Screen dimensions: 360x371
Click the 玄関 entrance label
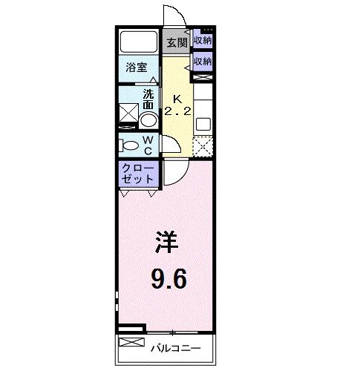(177, 43)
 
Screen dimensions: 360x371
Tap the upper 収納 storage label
(203, 40)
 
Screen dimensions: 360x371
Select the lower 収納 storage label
(203, 61)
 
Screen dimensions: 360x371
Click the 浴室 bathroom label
(137, 68)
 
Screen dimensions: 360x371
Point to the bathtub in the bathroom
(139, 42)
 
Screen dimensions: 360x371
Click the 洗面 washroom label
(148, 99)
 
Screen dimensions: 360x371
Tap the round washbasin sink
(148, 120)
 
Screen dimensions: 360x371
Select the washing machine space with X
(128, 113)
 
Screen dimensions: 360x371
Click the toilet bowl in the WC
(128, 145)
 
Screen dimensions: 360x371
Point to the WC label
(148, 145)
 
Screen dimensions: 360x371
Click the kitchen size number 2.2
(177, 112)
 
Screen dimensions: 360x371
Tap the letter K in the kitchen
(177, 99)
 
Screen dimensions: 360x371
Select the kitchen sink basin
(203, 124)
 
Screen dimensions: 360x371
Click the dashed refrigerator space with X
(203, 146)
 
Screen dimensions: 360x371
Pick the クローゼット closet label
(137, 174)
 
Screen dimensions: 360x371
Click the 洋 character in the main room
(167, 242)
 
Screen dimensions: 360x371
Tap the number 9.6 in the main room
(168, 279)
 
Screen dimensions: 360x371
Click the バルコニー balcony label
(176, 349)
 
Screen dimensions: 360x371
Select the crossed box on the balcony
(131, 342)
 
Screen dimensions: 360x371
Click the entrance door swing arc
(180, 12)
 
